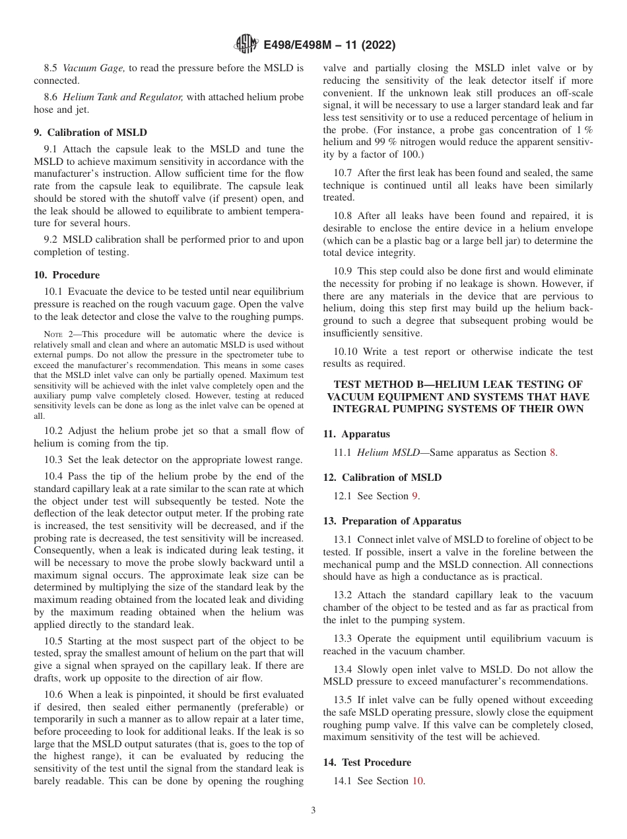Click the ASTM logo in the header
(x=247, y=46)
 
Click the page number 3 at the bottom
(x=313, y=811)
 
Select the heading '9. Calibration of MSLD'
(x=90, y=132)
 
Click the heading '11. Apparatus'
(x=356, y=434)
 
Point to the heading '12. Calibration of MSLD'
(x=382, y=477)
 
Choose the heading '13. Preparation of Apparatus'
(x=392, y=520)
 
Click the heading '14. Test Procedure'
(x=367, y=762)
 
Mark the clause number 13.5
(x=343, y=700)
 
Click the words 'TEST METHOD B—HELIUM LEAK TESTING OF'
(x=458, y=384)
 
